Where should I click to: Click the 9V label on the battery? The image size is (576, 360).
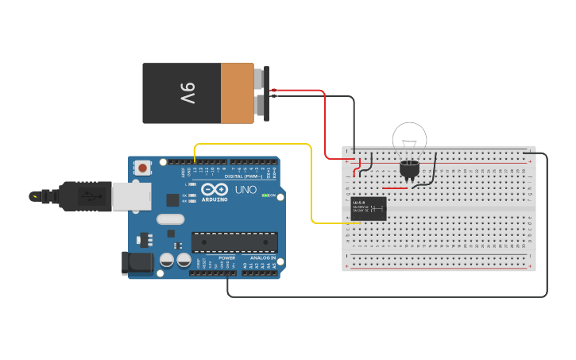(x=187, y=93)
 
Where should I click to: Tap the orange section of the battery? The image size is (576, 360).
(x=237, y=93)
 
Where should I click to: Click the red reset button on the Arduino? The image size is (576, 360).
(x=143, y=168)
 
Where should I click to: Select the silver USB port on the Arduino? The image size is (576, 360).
(x=131, y=196)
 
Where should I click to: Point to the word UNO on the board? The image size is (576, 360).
(x=245, y=190)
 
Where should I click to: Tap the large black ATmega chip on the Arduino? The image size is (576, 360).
(x=234, y=242)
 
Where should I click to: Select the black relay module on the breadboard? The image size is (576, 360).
(x=369, y=208)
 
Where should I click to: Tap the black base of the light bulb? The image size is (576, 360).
(x=409, y=168)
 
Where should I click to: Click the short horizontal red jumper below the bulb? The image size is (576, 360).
(x=395, y=188)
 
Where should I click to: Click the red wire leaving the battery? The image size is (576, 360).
(x=324, y=119)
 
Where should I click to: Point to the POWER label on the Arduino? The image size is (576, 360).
(x=227, y=258)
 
